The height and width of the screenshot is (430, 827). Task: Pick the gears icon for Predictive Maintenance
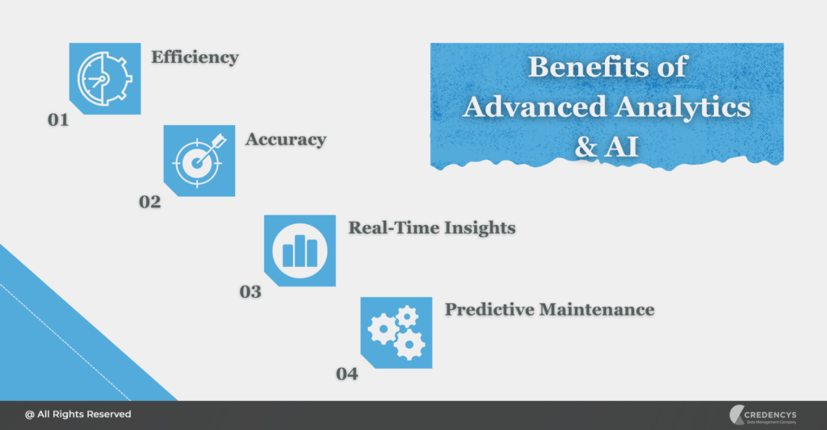pos(396,332)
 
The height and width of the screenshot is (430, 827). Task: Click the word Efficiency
pos(195,57)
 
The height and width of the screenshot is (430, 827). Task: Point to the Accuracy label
pos(286,140)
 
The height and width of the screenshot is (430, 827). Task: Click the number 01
pos(57,120)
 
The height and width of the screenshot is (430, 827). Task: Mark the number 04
pos(346,374)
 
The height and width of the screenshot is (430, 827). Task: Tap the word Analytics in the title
pos(682,106)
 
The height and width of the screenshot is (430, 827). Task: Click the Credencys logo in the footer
pos(762,415)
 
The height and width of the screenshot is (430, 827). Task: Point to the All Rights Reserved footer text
pos(78,414)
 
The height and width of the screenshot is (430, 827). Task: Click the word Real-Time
pos(389,228)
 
